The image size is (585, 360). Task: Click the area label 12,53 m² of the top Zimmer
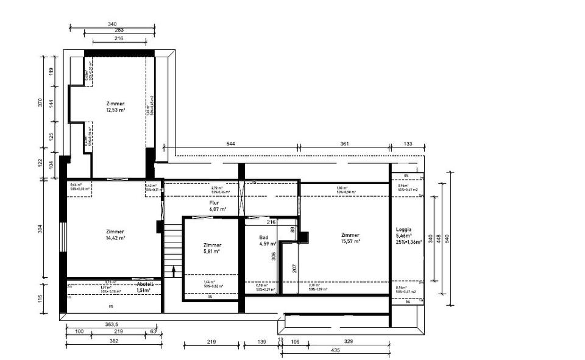point(115,110)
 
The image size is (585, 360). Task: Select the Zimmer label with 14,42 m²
point(115,238)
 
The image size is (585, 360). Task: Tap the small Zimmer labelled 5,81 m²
point(212,251)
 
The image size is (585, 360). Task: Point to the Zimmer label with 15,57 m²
point(350,241)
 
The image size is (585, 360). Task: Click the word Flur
point(214,202)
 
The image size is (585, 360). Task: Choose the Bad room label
point(264,238)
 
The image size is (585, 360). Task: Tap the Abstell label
point(145,284)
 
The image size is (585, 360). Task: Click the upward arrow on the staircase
point(174,271)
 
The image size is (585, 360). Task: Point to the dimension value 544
point(230,144)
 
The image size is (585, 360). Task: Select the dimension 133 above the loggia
point(408,144)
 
